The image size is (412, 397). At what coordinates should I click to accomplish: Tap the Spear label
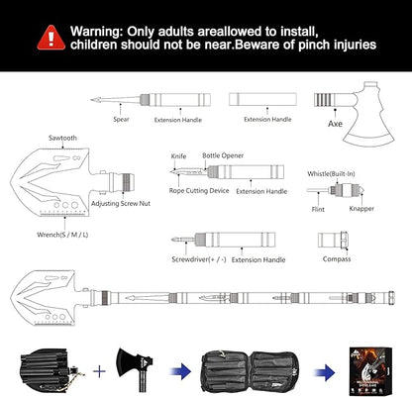coord(121,119)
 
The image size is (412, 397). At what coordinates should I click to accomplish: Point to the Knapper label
coord(361,208)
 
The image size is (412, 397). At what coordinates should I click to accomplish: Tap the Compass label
coord(337,258)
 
